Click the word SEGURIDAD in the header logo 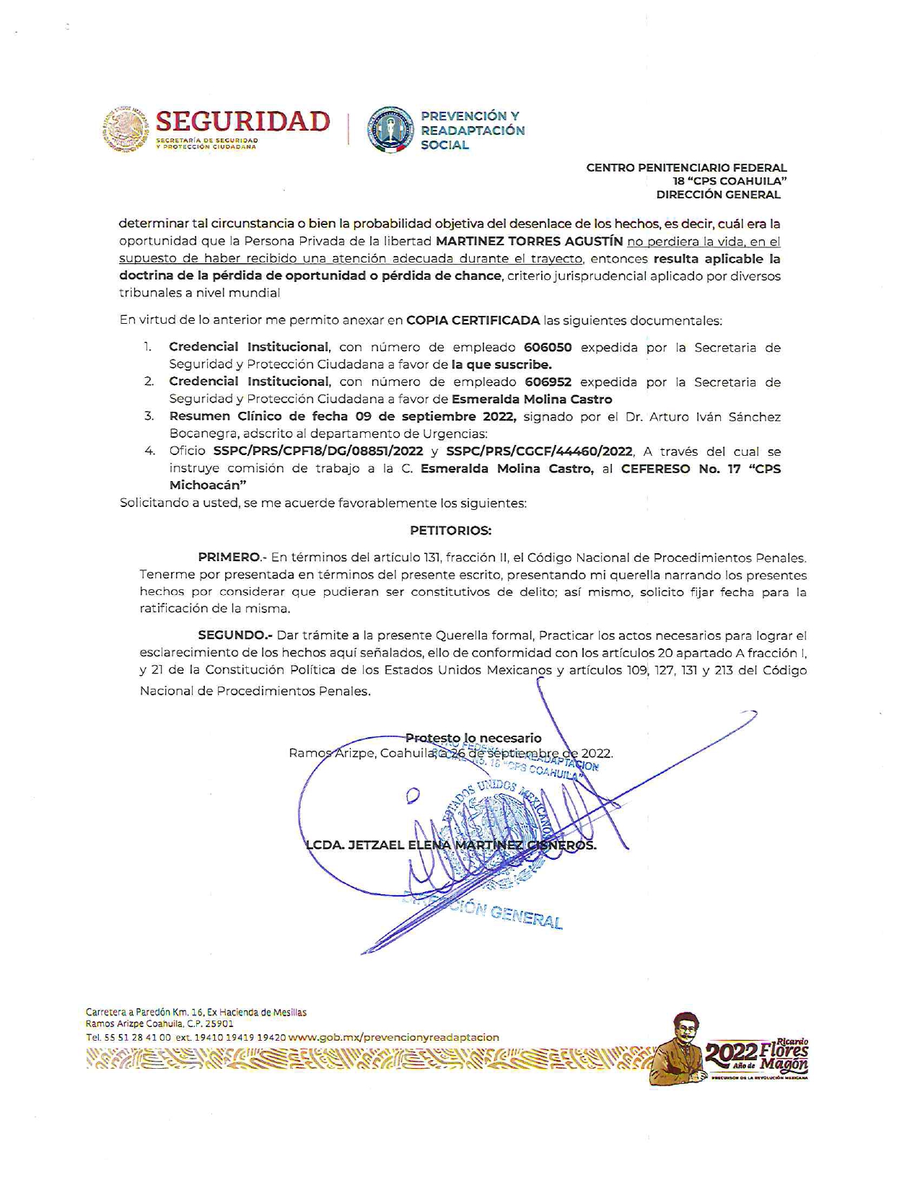tap(242, 121)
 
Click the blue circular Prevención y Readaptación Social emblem tap(390, 130)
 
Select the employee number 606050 tap(548, 347)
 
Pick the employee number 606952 tap(548, 382)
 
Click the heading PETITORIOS tap(450, 530)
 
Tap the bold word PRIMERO tap(229, 557)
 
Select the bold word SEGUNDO tap(233, 635)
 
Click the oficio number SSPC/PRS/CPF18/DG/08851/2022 tap(318, 451)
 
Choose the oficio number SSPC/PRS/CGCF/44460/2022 tap(540, 451)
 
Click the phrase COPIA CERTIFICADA tap(473, 320)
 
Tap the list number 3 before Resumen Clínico tap(149, 416)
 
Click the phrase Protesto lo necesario tap(473, 738)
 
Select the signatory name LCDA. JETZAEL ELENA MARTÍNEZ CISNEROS tap(452, 845)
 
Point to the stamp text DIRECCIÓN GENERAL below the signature tap(505, 914)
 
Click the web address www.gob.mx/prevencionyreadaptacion tap(394, 1037)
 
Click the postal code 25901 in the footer tap(220, 1023)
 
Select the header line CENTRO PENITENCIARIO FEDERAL tap(686, 167)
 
